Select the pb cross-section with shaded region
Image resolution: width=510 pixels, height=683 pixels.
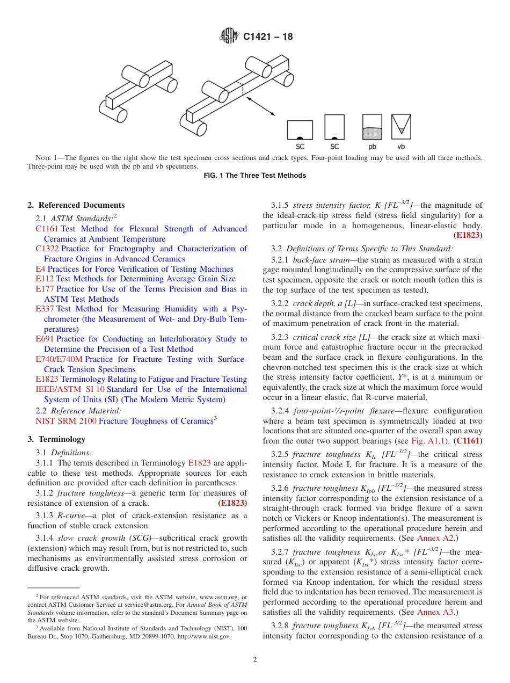point(372,127)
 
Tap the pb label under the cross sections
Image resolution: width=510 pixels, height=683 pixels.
point(372,146)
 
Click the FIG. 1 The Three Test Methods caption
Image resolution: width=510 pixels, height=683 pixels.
point(255,176)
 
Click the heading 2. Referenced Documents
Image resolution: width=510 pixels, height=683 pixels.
point(76,205)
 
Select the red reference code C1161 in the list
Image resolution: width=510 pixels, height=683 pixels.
point(47,229)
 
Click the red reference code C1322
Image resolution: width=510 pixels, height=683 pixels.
point(47,249)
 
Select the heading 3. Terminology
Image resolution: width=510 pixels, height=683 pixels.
point(56,439)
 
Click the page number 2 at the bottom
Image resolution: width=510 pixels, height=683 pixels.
point(255,660)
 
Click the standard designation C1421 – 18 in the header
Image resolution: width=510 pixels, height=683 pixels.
point(268,37)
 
